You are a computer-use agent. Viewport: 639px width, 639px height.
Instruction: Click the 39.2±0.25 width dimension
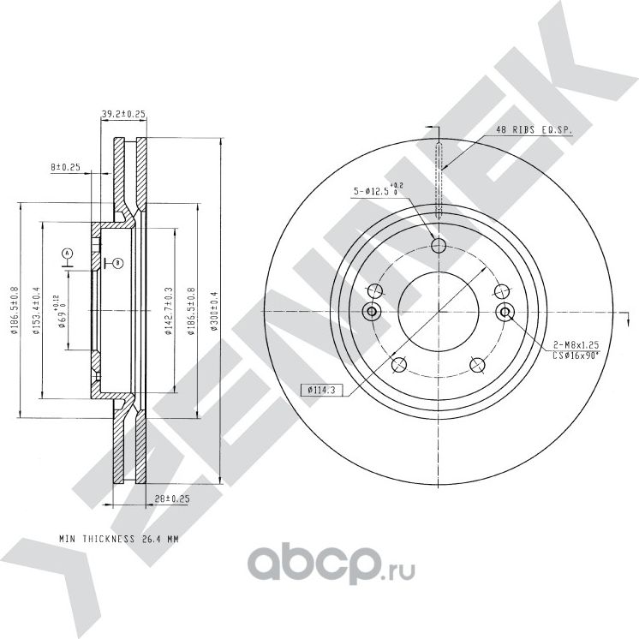coord(122,112)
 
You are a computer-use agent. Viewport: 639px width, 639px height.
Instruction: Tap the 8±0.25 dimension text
coord(65,168)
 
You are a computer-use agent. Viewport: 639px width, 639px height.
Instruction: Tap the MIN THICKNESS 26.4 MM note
coord(119,540)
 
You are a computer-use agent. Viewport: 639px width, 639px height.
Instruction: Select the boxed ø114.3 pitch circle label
coord(318,391)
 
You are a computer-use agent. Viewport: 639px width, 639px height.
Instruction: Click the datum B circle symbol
coord(117,262)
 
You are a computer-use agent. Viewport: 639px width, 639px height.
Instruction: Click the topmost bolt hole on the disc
coord(439,247)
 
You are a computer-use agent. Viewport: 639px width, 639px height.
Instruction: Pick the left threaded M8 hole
coord(372,310)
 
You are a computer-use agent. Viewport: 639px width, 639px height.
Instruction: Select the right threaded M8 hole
coord(505,311)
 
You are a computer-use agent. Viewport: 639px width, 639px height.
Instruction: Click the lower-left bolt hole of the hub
coord(398,366)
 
